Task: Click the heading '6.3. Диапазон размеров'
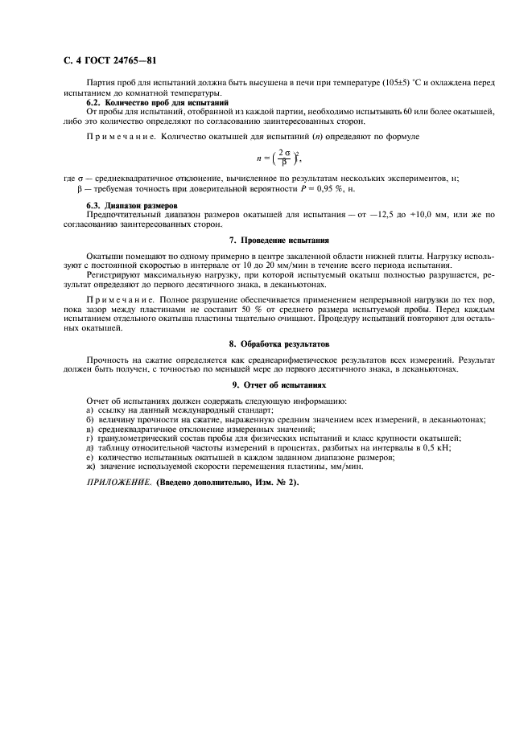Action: click(x=132, y=205)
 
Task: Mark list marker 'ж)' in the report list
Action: click(x=90, y=467)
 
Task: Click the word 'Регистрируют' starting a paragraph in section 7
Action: click(x=113, y=275)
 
